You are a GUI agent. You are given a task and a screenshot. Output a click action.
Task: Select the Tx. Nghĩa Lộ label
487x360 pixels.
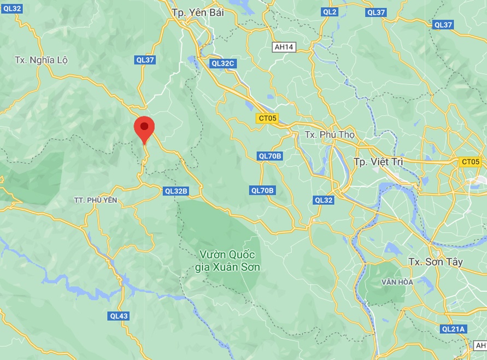(42, 60)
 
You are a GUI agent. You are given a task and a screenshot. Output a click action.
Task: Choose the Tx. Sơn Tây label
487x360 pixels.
(435, 262)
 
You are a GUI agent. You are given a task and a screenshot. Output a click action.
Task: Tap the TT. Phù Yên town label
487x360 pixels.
(96, 200)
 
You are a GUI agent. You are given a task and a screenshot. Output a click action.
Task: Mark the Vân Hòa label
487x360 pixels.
(397, 282)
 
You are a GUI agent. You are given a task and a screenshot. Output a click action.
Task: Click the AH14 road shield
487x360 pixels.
(284, 47)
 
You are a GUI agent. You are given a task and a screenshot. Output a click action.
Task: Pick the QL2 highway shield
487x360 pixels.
(330, 11)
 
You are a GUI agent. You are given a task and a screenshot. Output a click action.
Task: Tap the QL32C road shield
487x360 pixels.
(223, 63)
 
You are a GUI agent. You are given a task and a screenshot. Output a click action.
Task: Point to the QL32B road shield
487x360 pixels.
(176, 191)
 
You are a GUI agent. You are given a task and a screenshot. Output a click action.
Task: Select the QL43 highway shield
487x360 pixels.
(119, 316)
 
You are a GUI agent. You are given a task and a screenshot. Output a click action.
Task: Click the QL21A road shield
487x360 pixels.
(453, 329)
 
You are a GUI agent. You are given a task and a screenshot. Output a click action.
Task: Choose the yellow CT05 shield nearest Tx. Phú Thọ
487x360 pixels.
(268, 118)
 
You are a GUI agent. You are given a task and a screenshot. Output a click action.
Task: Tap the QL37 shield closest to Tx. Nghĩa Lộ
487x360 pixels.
(145, 60)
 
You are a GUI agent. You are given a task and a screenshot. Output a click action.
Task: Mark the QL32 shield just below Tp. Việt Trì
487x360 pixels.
(324, 200)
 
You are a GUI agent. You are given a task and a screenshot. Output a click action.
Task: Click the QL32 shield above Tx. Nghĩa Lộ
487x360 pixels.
(11, 8)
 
